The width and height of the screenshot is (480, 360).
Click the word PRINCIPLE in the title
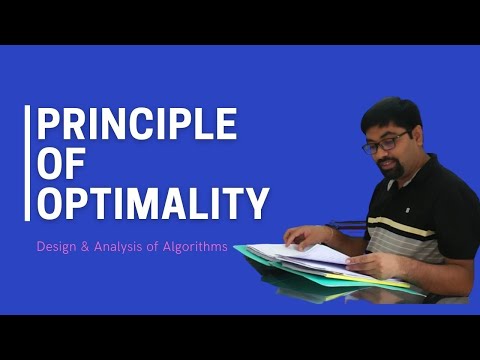coord(136,125)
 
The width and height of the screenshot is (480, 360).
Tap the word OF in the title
coord(62,164)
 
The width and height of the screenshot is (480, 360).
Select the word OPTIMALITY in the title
coord(152,203)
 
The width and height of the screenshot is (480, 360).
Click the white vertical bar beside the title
coord(27,163)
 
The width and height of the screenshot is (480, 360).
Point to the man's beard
coord(393,169)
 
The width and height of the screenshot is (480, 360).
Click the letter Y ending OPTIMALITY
coord(256,203)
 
